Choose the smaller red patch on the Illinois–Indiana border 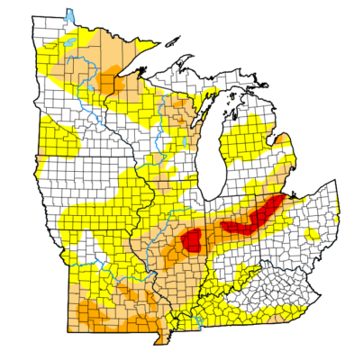(x=192, y=239)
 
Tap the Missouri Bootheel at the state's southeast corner (x=165, y=337)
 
